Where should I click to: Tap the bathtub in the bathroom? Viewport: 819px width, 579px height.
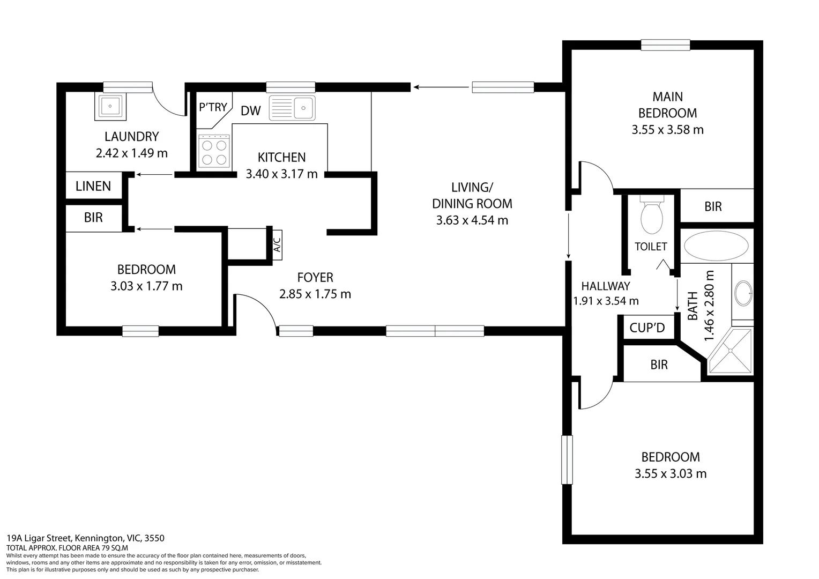pos(716,246)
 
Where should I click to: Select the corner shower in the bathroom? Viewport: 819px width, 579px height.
pos(731,351)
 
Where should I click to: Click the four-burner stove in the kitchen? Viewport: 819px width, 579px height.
pos(213,152)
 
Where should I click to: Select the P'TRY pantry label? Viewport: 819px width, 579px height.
pos(213,107)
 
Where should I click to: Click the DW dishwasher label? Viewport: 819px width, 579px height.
pos(250,111)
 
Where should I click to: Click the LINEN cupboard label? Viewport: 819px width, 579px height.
pos(93,186)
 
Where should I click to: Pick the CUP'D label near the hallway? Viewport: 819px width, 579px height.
pos(647,328)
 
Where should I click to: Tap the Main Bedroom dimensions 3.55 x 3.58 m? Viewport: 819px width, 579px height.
pos(667,130)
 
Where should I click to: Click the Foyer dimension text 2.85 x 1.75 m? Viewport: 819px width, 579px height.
pos(315,294)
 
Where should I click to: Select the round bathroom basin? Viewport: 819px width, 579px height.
pos(743,293)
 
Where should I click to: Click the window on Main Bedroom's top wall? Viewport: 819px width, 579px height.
pos(665,46)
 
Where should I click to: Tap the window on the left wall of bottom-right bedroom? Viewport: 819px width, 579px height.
pos(567,459)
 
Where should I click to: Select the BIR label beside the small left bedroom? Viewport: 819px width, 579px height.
pos(93,217)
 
